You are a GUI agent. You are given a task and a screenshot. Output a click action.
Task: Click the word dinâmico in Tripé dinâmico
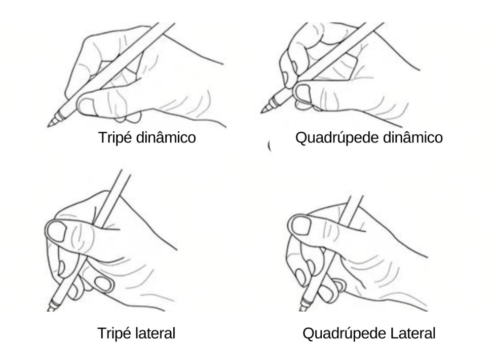[x=167, y=137]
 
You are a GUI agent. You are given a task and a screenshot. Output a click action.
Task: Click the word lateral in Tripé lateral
[x=156, y=333]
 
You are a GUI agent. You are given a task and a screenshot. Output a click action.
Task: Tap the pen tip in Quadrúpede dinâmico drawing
[x=262, y=112]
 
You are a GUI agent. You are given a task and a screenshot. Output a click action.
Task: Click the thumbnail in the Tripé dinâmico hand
[x=86, y=106]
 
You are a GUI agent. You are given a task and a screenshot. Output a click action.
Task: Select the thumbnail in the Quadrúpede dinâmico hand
[x=302, y=93]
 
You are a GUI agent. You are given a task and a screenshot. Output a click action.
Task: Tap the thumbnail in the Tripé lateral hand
[x=57, y=231]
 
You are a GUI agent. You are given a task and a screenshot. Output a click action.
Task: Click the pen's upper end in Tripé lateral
[x=126, y=171]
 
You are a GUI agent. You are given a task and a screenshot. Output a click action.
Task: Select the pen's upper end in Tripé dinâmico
[x=166, y=23]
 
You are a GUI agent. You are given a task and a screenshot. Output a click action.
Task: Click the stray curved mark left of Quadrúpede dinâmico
[x=270, y=146]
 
